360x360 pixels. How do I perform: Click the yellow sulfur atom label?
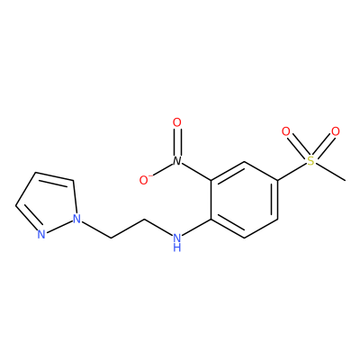coord(311,161)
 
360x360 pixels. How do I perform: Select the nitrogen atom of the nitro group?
coord(177,161)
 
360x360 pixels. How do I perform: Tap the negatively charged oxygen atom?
coord(145,180)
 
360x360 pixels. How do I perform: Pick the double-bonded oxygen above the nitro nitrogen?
coord(177,122)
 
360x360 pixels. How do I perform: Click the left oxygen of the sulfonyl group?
coord(286,131)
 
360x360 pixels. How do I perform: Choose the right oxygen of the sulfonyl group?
coord(336,131)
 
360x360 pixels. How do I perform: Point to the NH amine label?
coord(177,242)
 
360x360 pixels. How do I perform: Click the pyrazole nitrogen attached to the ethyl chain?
coord(77,219)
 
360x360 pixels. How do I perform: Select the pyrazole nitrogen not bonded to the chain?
coord(41,234)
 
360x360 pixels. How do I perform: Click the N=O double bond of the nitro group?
coord(177,142)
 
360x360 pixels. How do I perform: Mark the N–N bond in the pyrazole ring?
coord(59,227)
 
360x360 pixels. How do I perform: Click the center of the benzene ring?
coord(244,200)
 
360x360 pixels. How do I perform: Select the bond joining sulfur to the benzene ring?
coord(292,172)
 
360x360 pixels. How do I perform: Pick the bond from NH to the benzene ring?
coord(197,228)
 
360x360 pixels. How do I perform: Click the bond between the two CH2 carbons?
coord(128,229)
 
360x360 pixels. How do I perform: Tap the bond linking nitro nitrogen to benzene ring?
coord(196,172)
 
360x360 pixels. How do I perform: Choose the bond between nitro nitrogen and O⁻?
coord(163,169)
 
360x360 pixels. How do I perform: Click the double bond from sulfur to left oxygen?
coord(299,147)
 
